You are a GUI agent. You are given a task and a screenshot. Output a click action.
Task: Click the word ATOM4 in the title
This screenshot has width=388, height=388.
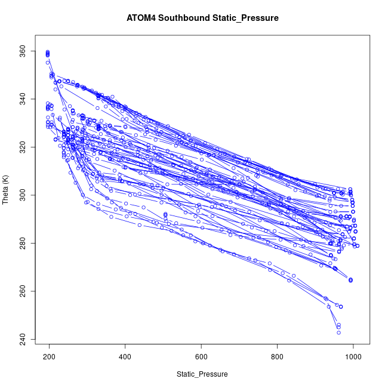pyautogui.click(x=142, y=19)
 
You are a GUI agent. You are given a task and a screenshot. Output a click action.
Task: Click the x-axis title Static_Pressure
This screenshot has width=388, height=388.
pyautogui.click(x=202, y=374)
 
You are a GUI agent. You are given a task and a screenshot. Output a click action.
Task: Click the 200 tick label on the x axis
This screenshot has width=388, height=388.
pyautogui.click(x=49, y=357)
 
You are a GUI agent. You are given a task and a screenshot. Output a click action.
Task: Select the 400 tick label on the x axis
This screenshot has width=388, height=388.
pyautogui.click(x=125, y=357)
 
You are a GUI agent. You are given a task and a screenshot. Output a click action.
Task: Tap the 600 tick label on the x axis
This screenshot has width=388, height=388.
pyautogui.click(x=201, y=357)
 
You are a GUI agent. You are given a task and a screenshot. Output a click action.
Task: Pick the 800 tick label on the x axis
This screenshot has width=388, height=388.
pyautogui.click(x=278, y=357)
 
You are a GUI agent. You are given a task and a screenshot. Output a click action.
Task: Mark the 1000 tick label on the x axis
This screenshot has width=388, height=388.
pyautogui.click(x=353, y=357)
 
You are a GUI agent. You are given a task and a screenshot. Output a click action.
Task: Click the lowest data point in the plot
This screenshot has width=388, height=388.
pyautogui.click(x=338, y=332)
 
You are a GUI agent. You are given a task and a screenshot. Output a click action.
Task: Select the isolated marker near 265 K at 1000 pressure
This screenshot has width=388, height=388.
pyautogui.click(x=350, y=279)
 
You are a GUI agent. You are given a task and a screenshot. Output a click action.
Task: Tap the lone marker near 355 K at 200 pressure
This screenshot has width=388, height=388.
pyautogui.click(x=48, y=62)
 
